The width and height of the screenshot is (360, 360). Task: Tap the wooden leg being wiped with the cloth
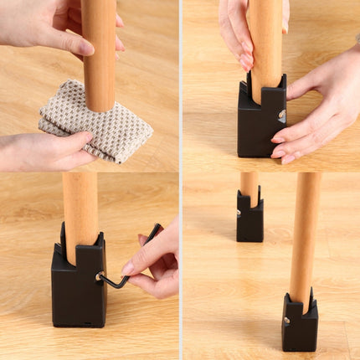100,50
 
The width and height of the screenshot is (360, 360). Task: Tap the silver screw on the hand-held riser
282,115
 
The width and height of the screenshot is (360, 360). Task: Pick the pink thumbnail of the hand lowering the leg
246,60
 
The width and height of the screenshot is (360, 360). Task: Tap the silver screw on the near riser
285,319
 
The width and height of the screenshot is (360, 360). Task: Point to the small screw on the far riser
239,213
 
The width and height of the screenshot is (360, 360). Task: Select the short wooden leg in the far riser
249,188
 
